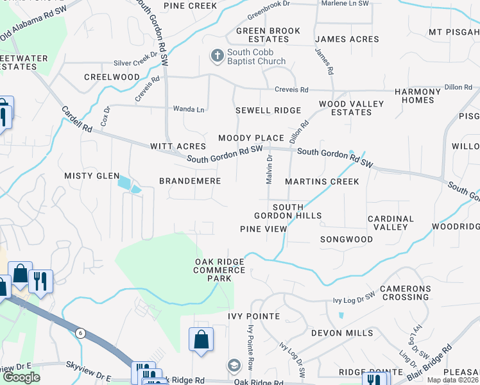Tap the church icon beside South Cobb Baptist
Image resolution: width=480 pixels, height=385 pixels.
point(217,56)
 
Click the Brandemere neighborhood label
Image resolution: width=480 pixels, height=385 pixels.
point(190,182)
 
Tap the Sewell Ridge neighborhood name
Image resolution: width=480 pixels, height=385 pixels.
point(268,110)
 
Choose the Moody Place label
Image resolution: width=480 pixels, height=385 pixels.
point(251,138)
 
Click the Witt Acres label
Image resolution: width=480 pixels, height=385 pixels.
point(178,147)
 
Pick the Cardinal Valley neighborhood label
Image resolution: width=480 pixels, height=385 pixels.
point(390,223)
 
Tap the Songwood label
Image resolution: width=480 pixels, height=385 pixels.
point(347,239)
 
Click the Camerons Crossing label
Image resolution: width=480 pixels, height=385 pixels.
point(404,293)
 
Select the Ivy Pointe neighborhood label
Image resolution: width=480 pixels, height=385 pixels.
point(253,316)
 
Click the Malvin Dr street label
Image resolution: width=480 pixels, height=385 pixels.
point(270,169)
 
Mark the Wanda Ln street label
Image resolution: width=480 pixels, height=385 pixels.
point(189,110)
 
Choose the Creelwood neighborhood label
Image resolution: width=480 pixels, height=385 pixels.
point(112,77)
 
